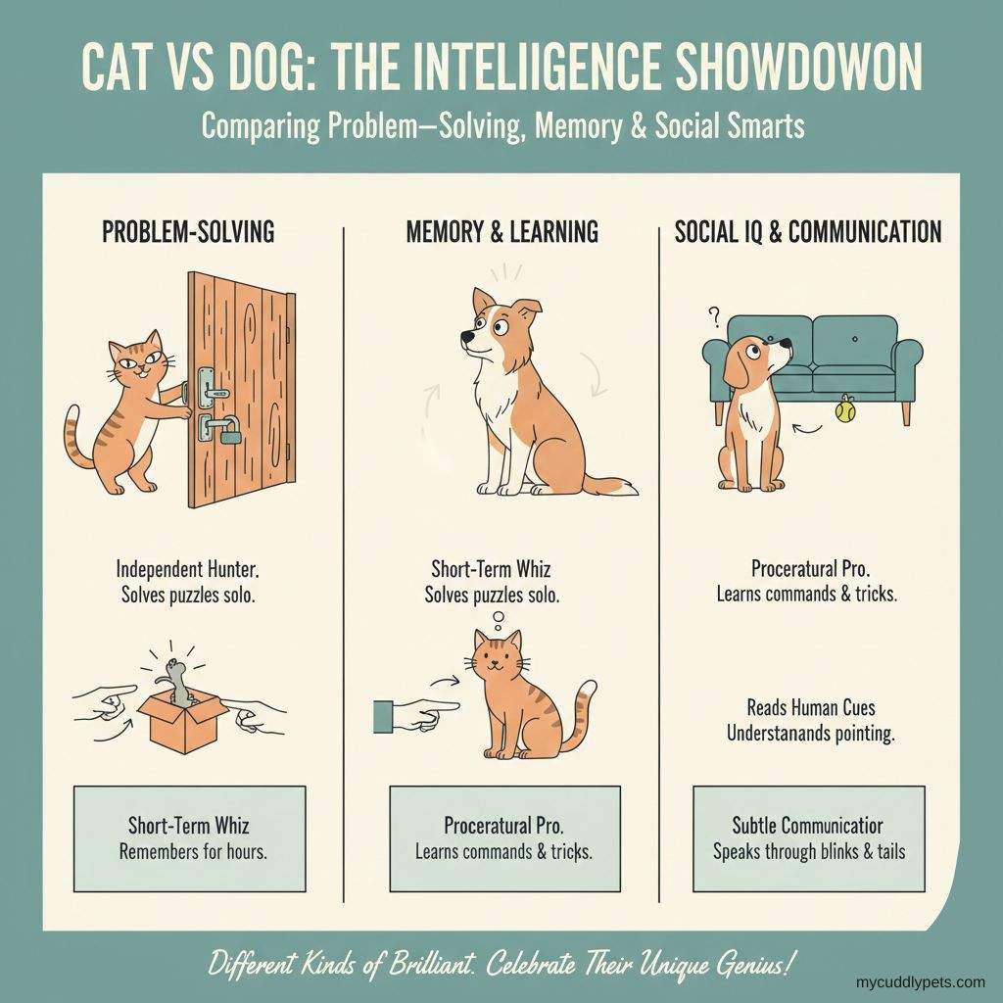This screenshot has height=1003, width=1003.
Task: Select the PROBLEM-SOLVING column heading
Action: click(x=188, y=232)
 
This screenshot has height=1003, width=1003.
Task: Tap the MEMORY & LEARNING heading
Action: click(x=501, y=232)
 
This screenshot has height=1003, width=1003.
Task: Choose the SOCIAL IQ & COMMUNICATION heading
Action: click(x=808, y=232)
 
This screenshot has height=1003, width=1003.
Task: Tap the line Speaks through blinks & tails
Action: click(x=808, y=850)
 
